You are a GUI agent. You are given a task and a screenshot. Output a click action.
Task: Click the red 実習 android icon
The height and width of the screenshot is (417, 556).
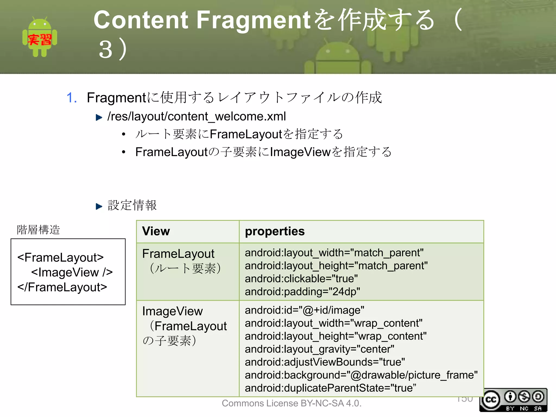(40, 37)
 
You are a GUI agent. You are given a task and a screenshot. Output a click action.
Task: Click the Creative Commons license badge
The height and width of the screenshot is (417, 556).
(513, 400)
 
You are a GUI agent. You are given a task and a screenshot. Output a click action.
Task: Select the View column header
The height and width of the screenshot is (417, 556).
(156, 231)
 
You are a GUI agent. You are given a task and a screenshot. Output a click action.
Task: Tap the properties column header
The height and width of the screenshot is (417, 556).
(275, 231)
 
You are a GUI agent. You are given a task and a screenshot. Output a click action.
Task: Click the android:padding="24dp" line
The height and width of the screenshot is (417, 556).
(302, 292)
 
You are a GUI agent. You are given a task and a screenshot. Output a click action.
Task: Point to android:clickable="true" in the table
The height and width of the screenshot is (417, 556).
(301, 279)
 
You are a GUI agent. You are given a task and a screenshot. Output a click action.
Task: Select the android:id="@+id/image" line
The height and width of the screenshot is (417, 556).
(304, 310)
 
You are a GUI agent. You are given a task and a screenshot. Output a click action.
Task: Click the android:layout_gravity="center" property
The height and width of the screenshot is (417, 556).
(319, 349)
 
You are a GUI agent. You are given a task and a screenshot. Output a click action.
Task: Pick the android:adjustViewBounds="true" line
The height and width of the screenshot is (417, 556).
(325, 362)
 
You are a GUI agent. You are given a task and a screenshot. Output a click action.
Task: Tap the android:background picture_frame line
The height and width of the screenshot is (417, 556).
(361, 375)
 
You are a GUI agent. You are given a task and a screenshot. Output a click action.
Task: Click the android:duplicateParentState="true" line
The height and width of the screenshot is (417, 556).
(330, 388)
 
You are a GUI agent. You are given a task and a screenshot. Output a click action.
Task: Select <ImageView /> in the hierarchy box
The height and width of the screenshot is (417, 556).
(72, 272)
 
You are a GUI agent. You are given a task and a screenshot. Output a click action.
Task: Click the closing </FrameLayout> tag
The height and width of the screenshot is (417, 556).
(62, 287)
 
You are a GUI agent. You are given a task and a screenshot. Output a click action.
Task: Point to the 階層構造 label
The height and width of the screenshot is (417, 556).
(38, 230)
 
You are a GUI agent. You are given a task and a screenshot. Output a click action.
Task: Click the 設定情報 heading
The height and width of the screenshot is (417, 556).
(132, 205)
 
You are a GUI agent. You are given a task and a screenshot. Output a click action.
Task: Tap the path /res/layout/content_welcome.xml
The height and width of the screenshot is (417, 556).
(197, 116)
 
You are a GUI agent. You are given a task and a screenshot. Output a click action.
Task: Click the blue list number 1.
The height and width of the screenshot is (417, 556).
(71, 98)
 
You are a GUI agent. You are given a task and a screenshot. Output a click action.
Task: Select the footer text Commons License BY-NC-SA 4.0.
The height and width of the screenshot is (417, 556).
(292, 403)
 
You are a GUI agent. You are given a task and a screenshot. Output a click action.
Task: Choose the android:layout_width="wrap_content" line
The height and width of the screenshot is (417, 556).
(333, 323)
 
